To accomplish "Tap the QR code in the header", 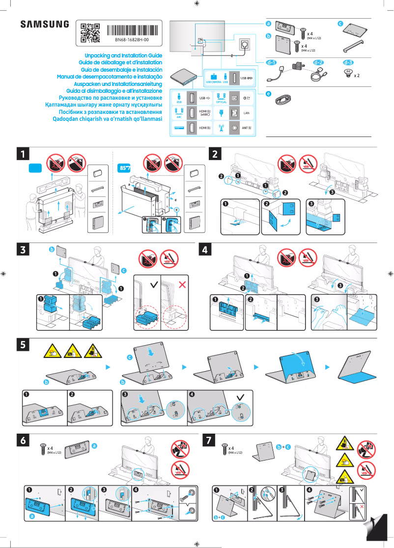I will pos(90,32).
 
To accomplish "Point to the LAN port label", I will pos(248,113).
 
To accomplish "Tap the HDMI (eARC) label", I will pos(205,113).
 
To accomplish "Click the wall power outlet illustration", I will pos(244,45).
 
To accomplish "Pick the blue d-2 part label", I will pos(318,63).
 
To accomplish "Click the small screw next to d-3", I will pos(348,73).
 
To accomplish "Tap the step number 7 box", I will pos(209,440).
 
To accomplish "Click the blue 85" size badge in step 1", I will pos(125,167).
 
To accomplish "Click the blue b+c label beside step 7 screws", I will pos(283,446).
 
